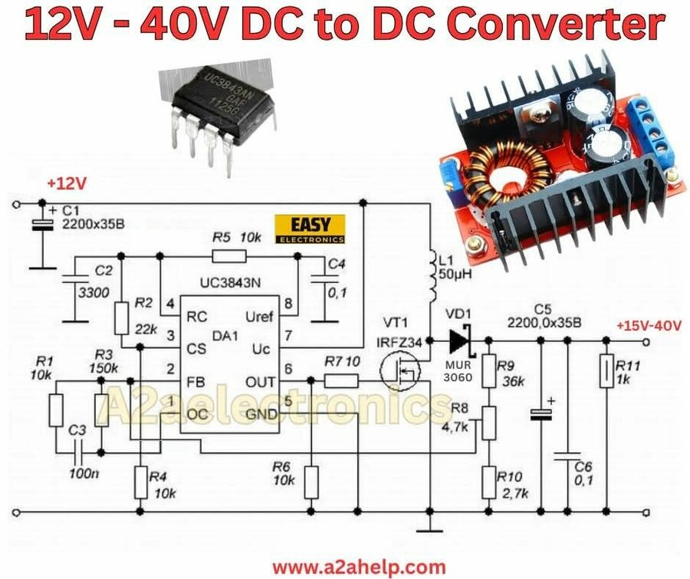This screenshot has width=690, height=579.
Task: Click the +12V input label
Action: [67, 184]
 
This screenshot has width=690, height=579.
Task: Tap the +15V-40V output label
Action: [648, 325]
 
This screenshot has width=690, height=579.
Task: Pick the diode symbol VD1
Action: [462, 340]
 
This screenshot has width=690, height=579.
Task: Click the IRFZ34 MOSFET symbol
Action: [401, 373]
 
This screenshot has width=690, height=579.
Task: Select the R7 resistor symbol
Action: [341, 380]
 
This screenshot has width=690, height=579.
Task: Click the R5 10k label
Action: [237, 237]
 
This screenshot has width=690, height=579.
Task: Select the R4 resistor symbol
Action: [140, 482]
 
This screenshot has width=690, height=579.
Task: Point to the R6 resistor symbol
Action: [311, 482]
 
